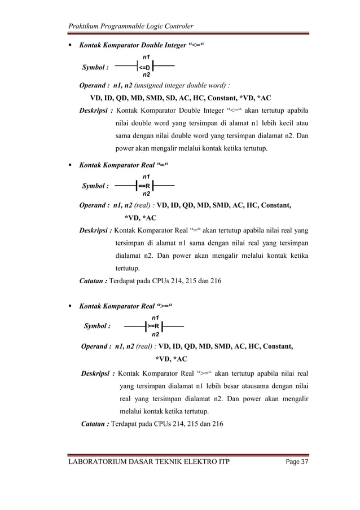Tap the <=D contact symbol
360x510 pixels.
pyautogui.click(x=146, y=66)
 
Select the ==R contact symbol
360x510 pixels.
pyautogui.click(x=146, y=185)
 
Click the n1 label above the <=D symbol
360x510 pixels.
pyautogui.click(x=146, y=58)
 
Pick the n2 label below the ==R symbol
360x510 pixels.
pyautogui.click(x=146, y=194)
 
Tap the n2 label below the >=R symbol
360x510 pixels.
pyautogui.click(x=155, y=335)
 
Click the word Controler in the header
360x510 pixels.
pyautogui.click(x=177, y=26)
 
